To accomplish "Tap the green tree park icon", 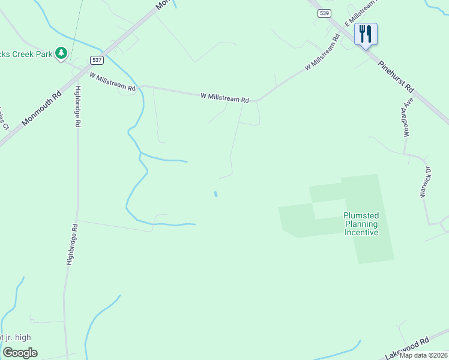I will tap(61, 54).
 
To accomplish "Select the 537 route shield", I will tap(97, 60).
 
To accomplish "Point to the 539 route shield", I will tap(324, 13).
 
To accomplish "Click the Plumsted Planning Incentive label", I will tap(361, 224).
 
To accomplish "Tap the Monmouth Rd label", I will tap(41, 108).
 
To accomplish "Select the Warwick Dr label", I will tap(426, 181).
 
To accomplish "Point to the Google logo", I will tap(20, 353).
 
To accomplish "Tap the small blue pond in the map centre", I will tap(215, 194).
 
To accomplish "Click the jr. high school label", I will tap(16, 338).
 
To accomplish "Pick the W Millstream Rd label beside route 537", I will tap(113, 82).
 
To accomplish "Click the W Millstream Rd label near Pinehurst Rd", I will tap(322, 53).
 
